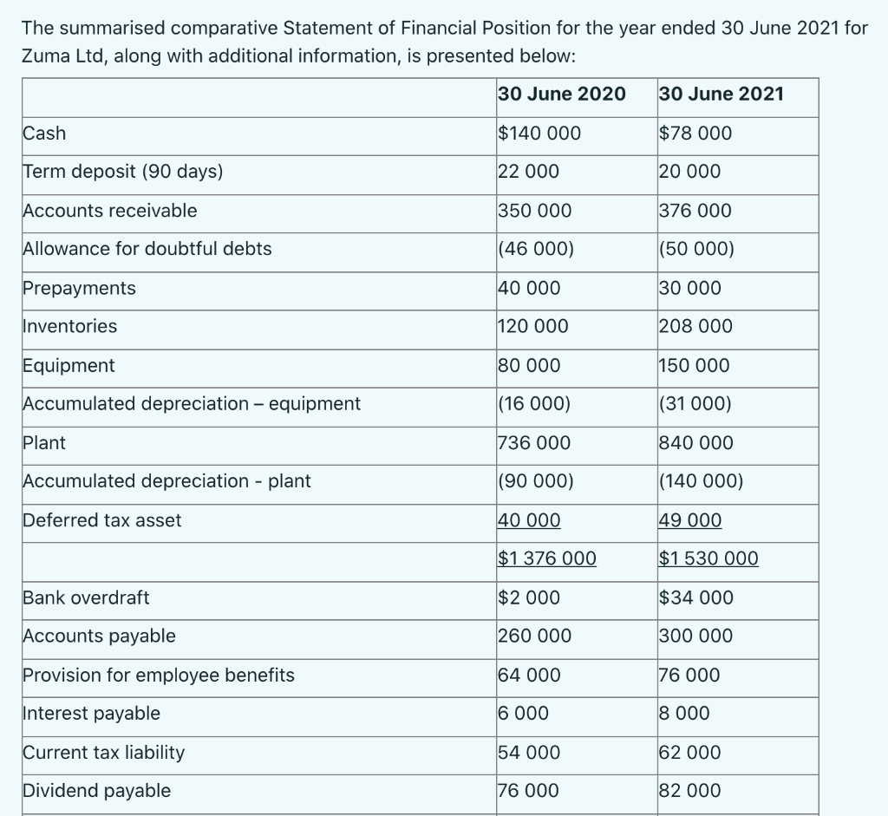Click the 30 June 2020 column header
(x=562, y=95)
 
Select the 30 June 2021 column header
(x=721, y=95)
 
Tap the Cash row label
(x=44, y=134)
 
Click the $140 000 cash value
(x=539, y=134)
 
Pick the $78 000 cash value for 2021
(x=695, y=134)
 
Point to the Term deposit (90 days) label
(x=123, y=172)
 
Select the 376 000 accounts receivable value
(x=695, y=211)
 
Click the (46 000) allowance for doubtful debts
(x=536, y=250)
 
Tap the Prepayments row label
(x=79, y=288)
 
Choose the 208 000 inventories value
(x=695, y=327)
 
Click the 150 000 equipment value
(x=695, y=366)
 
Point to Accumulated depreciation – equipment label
(x=192, y=404)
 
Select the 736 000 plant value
(x=534, y=443)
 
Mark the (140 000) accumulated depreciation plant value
(x=702, y=481)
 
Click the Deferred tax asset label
(x=102, y=520)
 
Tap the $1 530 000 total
(x=708, y=558)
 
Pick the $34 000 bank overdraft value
(x=695, y=597)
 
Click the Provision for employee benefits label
(x=159, y=676)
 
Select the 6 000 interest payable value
(x=524, y=714)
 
